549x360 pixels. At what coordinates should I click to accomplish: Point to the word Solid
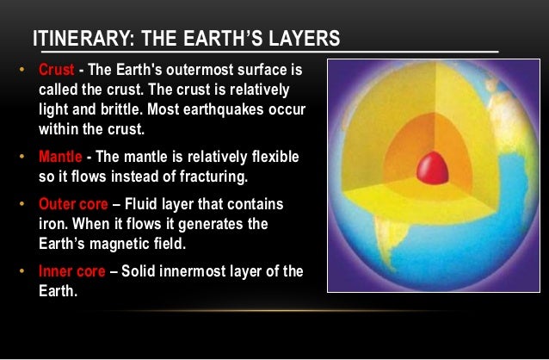pos(139,271)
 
